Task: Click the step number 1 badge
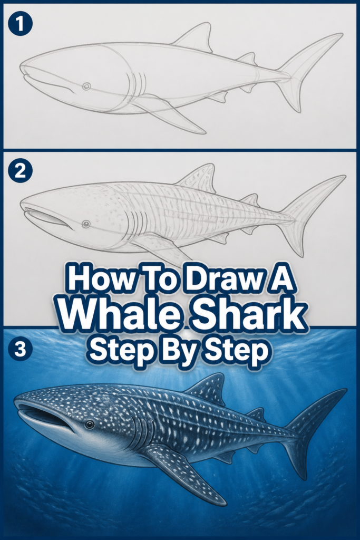pyautogui.click(x=20, y=24)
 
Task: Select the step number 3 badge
pyautogui.click(x=20, y=349)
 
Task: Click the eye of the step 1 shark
pyautogui.click(x=87, y=86)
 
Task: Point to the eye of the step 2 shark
pyautogui.click(x=86, y=224)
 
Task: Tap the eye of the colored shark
pyautogui.click(x=90, y=425)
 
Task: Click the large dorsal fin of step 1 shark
pyautogui.click(x=195, y=37)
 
